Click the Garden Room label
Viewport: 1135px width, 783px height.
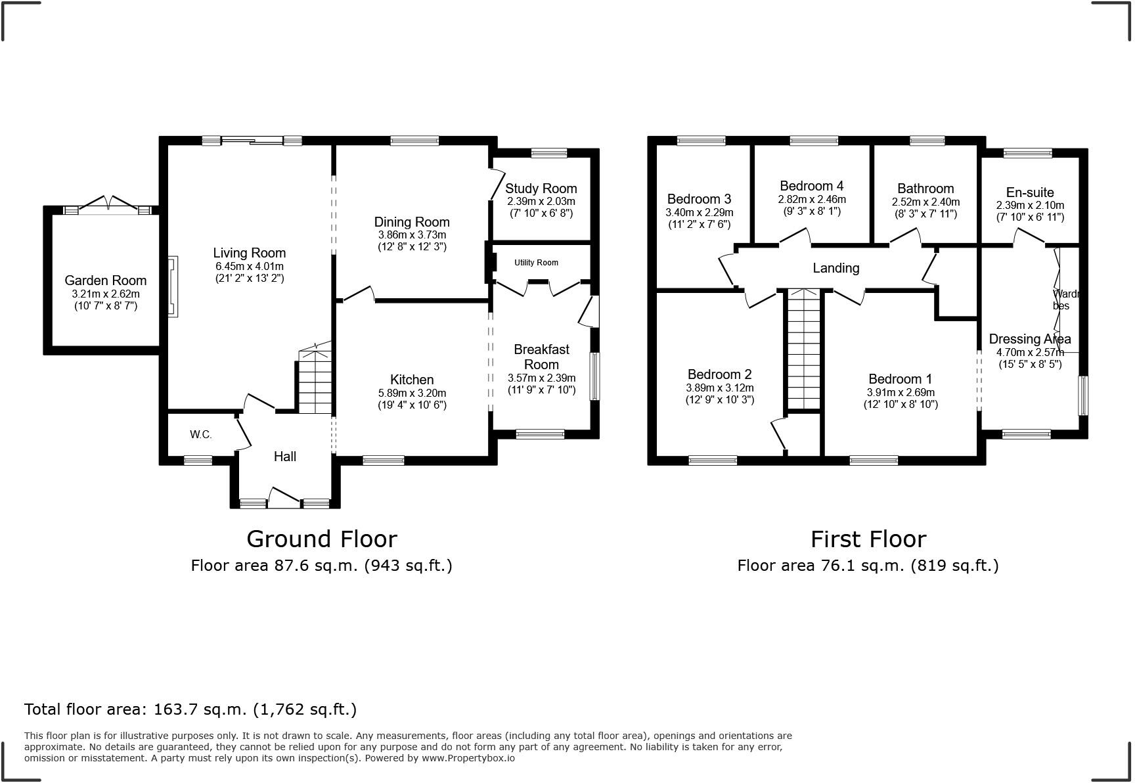click(105, 280)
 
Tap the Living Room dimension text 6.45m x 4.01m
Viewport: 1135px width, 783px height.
click(250, 266)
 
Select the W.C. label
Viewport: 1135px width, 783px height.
click(201, 434)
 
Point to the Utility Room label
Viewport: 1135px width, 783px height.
click(536, 263)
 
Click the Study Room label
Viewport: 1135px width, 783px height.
click(541, 189)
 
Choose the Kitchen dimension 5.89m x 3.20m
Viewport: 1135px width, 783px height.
click(412, 393)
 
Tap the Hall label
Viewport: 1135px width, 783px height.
click(285, 457)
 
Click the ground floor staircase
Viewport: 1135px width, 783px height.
click(315, 381)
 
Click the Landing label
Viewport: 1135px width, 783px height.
click(836, 268)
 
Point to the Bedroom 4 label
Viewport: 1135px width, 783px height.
click(812, 186)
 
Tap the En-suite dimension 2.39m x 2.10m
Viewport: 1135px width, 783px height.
click(1030, 205)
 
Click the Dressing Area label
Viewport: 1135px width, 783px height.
click(1030, 339)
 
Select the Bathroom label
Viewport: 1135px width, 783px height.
click(925, 189)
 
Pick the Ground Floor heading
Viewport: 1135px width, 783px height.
click(322, 539)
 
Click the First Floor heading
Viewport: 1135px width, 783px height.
click(868, 539)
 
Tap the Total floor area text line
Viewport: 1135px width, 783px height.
click(190, 709)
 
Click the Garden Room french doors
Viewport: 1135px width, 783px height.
click(109, 204)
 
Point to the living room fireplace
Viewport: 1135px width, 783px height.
click(173, 287)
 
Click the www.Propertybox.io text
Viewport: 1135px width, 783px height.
click(468, 758)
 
